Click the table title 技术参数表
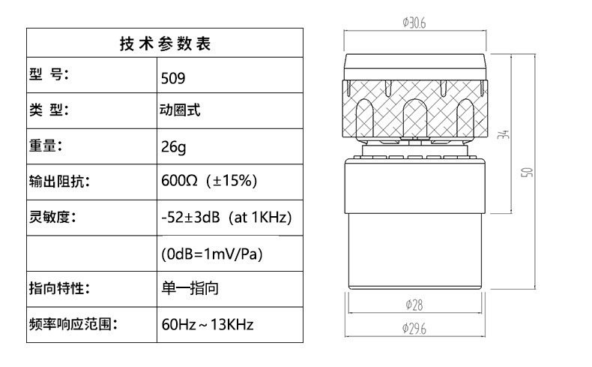coord(166,44)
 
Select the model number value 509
coord(173,78)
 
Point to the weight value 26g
coord(173,146)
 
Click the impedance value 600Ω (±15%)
coord(209,181)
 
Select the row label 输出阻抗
coord(59,181)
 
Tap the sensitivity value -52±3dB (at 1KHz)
coord(226,217)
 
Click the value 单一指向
coord(190,288)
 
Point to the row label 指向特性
coord(59,288)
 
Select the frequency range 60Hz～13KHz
coord(208,324)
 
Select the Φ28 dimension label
coord(414,305)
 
